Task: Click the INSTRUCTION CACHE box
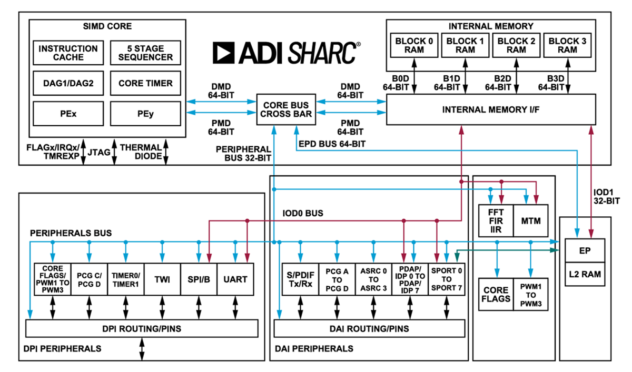tap(68, 53)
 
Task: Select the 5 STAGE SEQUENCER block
tap(145, 53)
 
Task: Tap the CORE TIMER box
tap(145, 83)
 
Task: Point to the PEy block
tap(145, 114)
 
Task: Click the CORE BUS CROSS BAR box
tap(287, 109)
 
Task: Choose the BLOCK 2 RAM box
tap(517, 45)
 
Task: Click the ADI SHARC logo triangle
tap(224, 53)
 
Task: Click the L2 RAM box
tap(584, 274)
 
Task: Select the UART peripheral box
tap(235, 279)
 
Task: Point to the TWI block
tap(162, 279)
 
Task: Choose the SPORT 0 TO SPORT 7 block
tap(447, 279)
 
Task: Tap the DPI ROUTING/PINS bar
tap(142, 329)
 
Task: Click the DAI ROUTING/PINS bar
tap(369, 329)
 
